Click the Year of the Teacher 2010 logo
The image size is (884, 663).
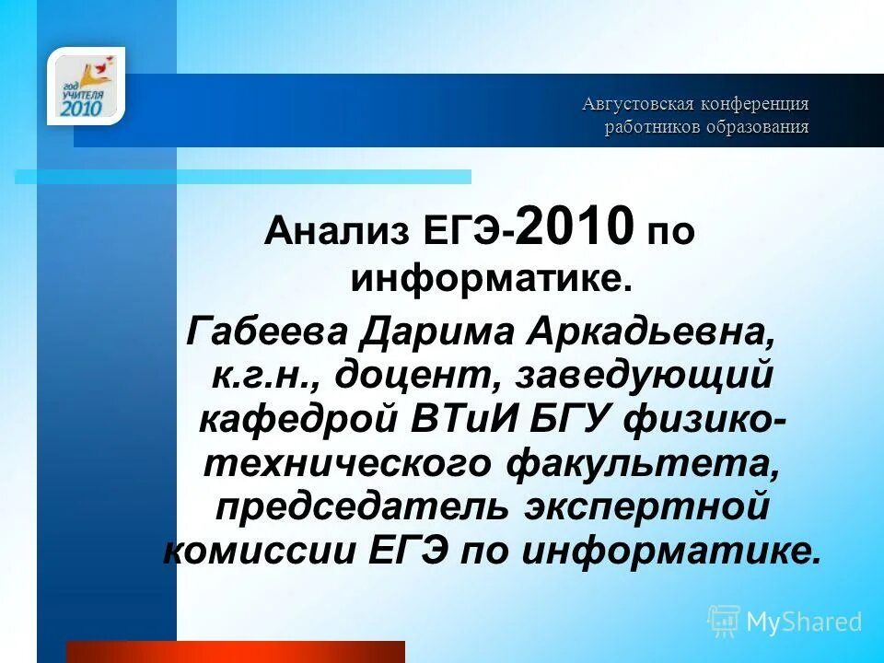tap(86, 87)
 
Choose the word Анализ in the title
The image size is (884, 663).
tap(336, 231)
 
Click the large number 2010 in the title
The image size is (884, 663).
tap(576, 226)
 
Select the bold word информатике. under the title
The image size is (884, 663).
tap(491, 277)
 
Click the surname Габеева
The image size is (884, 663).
tap(266, 331)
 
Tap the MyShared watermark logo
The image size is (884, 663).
tap(785, 622)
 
